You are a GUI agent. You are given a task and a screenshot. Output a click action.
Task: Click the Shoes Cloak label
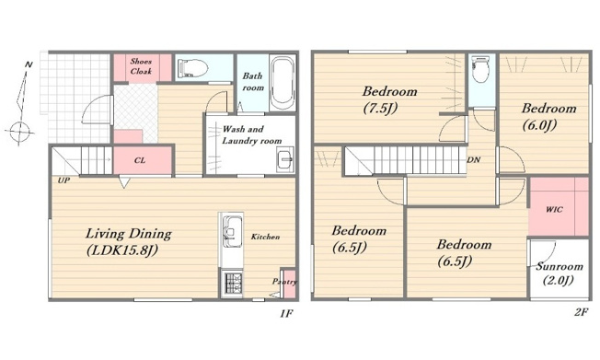tap(141, 66)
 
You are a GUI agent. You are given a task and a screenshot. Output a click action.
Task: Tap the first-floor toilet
tap(192, 68)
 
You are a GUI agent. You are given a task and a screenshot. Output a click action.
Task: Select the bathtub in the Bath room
tap(283, 82)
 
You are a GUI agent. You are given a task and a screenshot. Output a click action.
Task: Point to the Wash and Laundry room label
tap(252, 134)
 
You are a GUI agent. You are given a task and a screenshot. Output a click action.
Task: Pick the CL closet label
tap(140, 160)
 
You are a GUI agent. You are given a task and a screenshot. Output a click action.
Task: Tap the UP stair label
tap(63, 180)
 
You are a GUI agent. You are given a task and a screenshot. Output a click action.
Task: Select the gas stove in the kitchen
tap(232, 284)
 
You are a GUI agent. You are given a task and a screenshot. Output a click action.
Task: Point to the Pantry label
tap(284, 282)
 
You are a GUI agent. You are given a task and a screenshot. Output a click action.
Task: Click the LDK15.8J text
tap(122, 250)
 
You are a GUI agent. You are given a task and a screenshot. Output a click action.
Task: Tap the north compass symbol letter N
tap(29, 64)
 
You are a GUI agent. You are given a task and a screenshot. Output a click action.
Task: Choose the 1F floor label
tap(286, 314)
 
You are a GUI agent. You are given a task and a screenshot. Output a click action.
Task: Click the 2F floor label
tap(581, 312)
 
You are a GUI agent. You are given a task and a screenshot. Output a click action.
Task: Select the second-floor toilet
tap(480, 69)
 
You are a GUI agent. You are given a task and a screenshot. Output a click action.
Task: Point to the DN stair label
tap(474, 159)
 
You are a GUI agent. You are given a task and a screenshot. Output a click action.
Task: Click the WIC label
tap(554, 210)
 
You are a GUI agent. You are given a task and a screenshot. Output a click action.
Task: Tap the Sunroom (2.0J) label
tap(560, 273)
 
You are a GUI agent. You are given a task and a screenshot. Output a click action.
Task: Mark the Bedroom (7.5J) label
tap(389, 99)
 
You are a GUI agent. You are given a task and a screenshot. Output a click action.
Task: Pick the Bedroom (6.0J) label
tap(548, 116)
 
